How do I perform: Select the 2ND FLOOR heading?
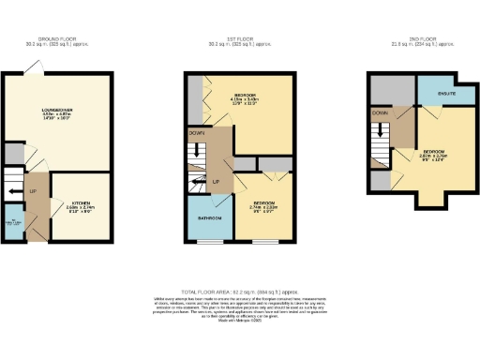pos(413,40)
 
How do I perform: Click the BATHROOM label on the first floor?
pos(208,218)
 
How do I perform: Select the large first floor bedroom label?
pos(246,97)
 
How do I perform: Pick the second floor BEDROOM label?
pos(434,152)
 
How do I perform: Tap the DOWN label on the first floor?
pos(195,134)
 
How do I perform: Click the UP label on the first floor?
pos(217,180)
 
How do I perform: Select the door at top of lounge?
pos(34,67)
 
